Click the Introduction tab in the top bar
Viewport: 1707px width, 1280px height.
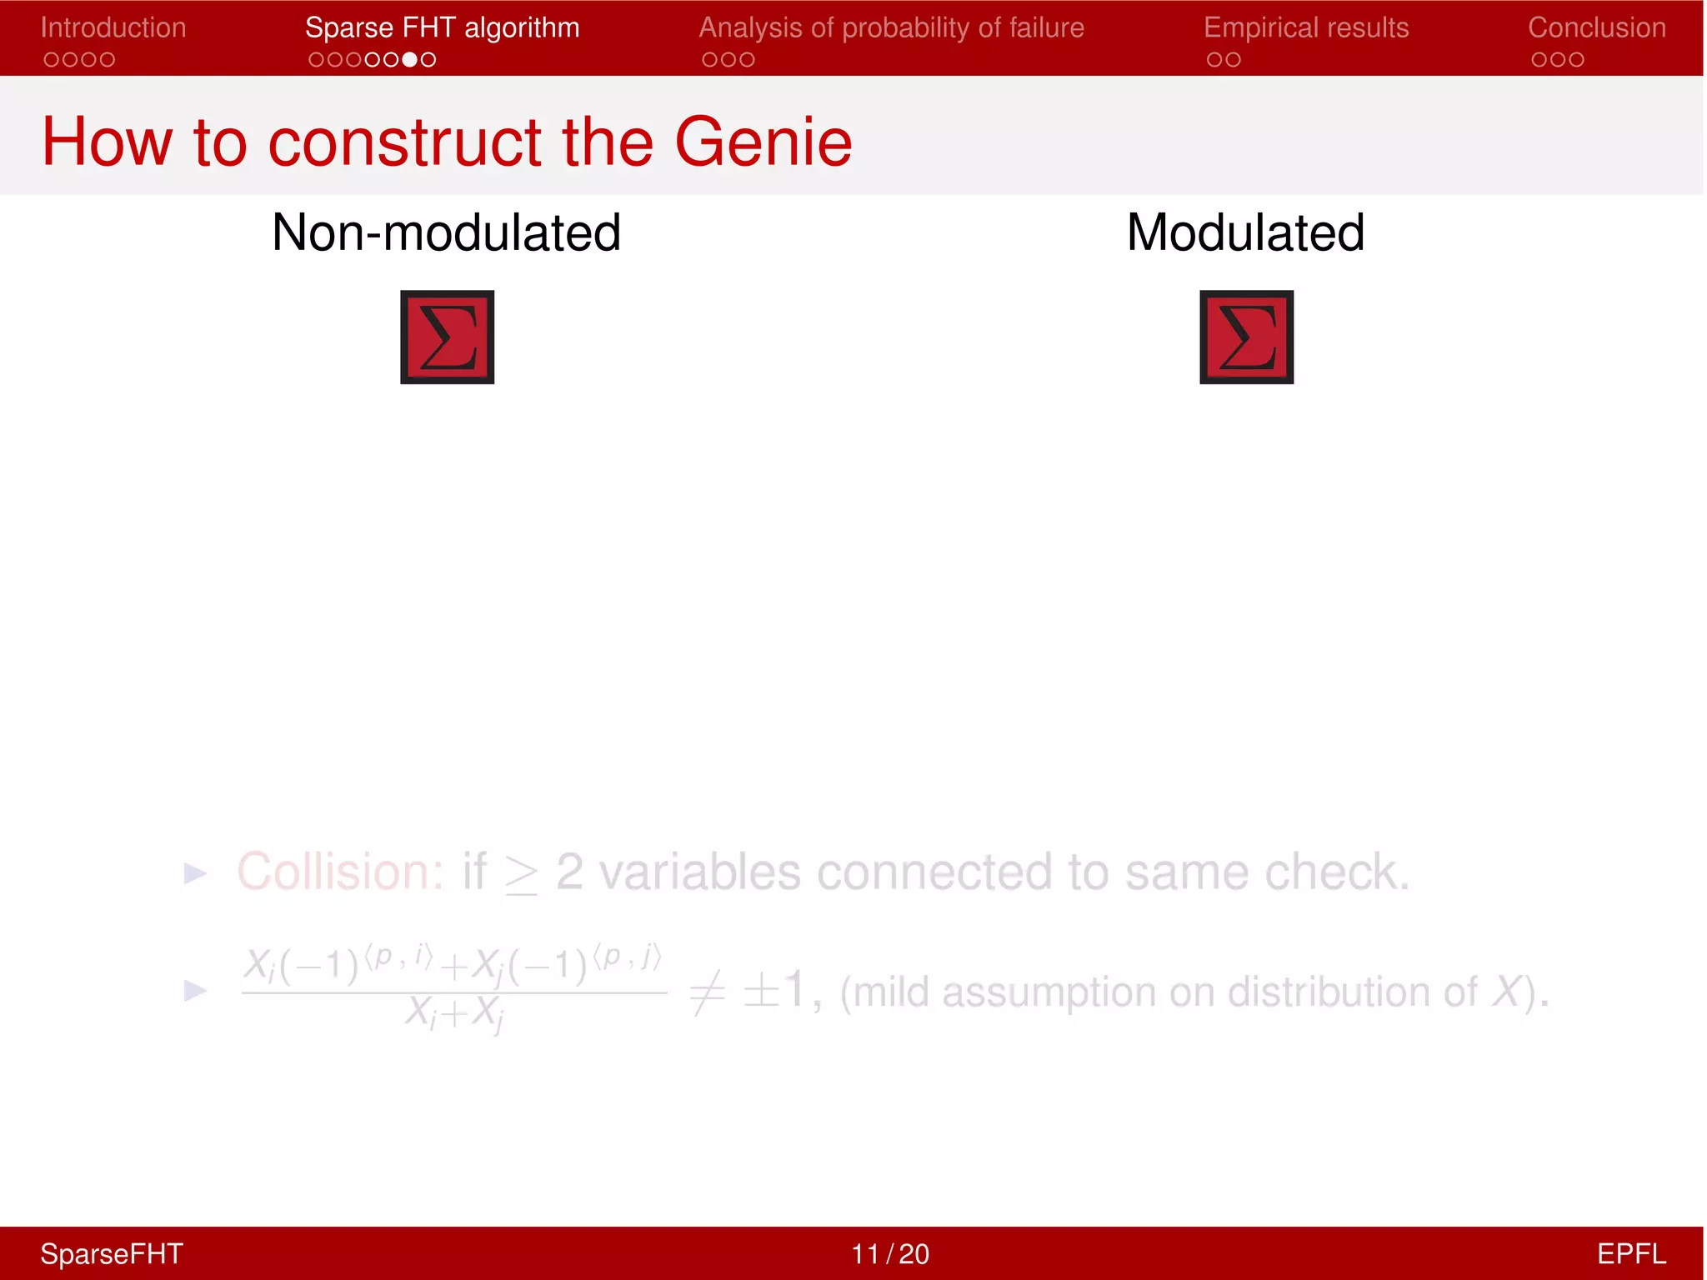[113, 27]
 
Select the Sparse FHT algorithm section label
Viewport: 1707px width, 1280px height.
[442, 27]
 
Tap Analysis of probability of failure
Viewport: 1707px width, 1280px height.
[891, 27]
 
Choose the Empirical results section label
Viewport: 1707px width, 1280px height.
[1306, 27]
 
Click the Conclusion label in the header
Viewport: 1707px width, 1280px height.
[1596, 27]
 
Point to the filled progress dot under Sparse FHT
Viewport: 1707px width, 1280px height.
[409, 60]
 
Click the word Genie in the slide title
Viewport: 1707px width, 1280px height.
[763, 142]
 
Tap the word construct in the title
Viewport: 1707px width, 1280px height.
[404, 142]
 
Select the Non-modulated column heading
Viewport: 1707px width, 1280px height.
[446, 232]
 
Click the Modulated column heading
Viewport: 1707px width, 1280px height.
[1245, 232]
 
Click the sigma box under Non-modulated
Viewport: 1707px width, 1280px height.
[448, 337]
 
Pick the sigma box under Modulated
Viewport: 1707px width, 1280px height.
[1246, 337]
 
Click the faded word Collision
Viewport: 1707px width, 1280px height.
[340, 872]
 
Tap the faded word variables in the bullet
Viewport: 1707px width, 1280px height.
[700, 872]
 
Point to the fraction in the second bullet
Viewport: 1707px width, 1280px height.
[453, 990]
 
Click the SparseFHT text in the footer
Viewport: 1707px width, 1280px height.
[112, 1253]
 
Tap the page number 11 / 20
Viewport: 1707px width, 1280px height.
[889, 1253]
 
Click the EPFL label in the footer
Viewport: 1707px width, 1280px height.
[1630, 1253]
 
